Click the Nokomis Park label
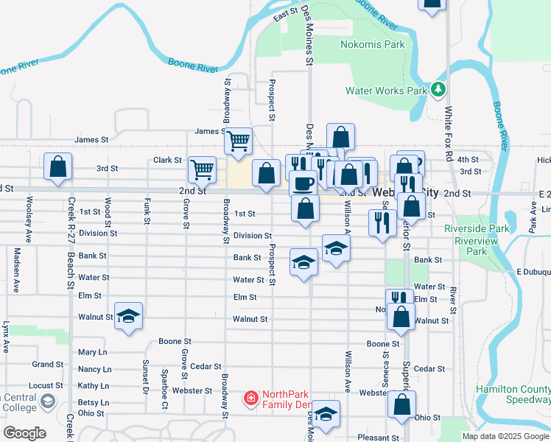click(x=373, y=44)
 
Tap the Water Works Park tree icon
click(x=439, y=90)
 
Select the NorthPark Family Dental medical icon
click(x=250, y=399)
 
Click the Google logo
click(x=24, y=432)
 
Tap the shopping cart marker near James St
click(x=238, y=140)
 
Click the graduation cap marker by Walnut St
click(x=128, y=316)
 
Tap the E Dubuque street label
click(x=529, y=271)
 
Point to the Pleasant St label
click(x=378, y=438)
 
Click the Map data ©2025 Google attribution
click(x=504, y=436)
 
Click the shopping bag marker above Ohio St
click(x=401, y=404)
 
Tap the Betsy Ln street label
click(x=94, y=402)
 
